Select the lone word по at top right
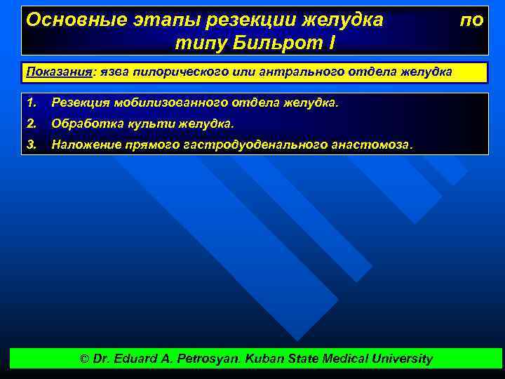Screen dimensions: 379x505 click(471, 20)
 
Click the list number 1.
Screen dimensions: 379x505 click(29, 103)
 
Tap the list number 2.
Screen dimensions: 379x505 click(29, 124)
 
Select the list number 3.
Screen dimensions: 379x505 click(29, 144)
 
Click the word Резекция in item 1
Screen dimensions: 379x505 click(76, 103)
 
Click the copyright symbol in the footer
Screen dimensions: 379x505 click(84, 359)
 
